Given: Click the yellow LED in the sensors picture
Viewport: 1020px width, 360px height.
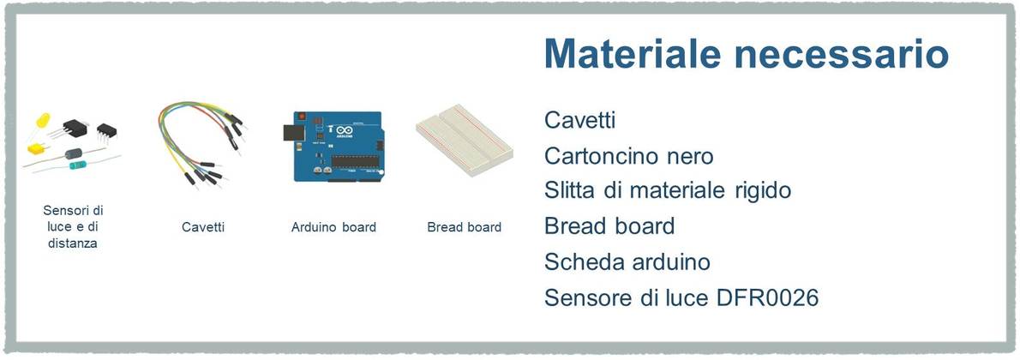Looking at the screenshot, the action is coord(43,121).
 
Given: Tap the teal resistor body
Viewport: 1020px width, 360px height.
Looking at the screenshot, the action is coord(77,165).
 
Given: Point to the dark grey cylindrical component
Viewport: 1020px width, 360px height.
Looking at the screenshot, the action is coord(74,153).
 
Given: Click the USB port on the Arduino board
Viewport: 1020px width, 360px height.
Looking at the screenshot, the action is coord(292,133).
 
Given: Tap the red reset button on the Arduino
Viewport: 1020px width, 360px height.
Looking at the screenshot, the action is coord(302,116).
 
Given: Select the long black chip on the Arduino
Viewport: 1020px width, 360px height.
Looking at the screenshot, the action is coord(354,161).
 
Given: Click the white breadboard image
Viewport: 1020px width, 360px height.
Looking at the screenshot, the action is coord(465,142).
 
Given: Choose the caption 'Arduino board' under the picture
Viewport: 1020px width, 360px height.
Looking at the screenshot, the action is coord(333,227).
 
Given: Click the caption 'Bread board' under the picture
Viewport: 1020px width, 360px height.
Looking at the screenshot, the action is coord(465,227).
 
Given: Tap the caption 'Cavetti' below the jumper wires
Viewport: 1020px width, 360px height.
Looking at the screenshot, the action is coord(204,227).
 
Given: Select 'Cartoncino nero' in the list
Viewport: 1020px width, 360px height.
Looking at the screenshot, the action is coord(629,156).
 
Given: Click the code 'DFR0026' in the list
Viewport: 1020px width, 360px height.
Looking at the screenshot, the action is coord(768,297).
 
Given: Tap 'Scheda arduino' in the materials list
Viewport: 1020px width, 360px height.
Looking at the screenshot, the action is coord(627,262).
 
